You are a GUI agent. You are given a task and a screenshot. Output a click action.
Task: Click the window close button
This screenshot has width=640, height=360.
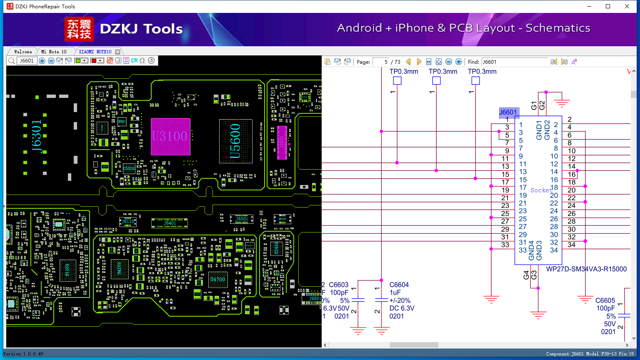[x=627, y=6]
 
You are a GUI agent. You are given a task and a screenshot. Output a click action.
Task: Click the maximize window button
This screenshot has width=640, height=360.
[x=608, y=6]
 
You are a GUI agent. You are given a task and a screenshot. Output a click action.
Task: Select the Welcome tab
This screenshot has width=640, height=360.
[x=23, y=52]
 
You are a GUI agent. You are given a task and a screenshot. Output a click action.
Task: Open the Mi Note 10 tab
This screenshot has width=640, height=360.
[x=54, y=52]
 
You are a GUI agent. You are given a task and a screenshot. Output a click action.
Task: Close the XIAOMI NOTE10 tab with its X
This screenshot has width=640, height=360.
[x=118, y=52]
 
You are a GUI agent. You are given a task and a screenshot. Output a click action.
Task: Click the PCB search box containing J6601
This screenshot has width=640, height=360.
[x=27, y=61]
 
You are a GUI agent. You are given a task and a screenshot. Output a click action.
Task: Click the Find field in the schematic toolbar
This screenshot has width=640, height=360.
[x=514, y=62]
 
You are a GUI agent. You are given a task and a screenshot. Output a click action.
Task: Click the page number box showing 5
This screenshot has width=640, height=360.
[x=381, y=62]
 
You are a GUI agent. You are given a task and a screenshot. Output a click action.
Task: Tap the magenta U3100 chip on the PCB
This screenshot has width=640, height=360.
[x=170, y=137]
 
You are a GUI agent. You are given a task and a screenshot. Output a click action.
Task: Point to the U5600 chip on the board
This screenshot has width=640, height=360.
[x=235, y=141]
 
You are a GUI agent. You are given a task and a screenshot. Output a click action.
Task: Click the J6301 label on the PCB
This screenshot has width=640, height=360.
[x=37, y=137]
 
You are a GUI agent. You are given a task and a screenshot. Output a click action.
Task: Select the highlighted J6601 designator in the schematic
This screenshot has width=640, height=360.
[x=508, y=112]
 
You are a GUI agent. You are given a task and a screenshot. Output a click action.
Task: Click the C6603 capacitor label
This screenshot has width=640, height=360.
[x=338, y=285]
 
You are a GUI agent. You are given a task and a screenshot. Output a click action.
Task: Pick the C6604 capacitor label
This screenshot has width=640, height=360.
[x=399, y=285]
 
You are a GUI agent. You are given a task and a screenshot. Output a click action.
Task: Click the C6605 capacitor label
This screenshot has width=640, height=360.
[x=605, y=300]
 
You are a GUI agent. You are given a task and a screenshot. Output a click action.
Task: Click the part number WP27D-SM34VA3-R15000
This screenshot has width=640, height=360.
[x=586, y=269]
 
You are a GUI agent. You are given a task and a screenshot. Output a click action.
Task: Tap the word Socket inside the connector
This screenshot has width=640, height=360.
[x=541, y=190]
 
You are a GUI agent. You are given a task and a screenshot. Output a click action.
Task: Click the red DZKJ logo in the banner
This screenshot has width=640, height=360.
[x=79, y=29]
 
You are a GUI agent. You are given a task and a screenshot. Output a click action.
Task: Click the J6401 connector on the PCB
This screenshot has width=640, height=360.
[x=170, y=223]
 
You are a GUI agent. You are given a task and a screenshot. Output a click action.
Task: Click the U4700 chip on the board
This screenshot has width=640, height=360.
[x=217, y=279]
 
